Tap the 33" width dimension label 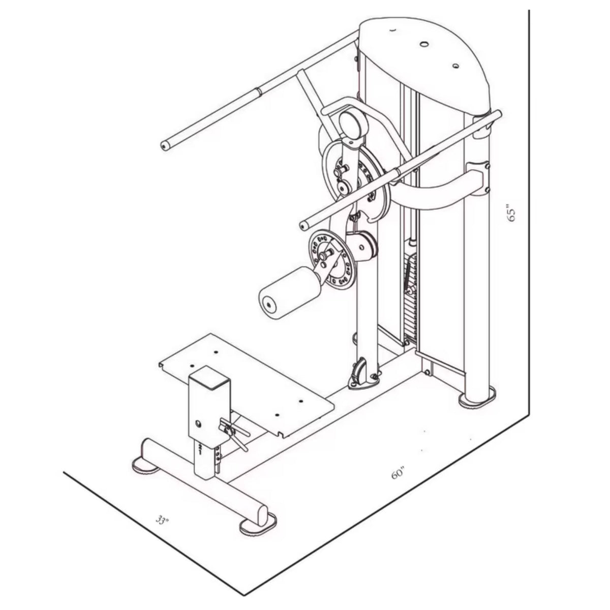162,520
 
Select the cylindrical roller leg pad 289,293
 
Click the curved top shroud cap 424,56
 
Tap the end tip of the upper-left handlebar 165,146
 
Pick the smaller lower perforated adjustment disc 330,259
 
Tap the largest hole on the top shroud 424,45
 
